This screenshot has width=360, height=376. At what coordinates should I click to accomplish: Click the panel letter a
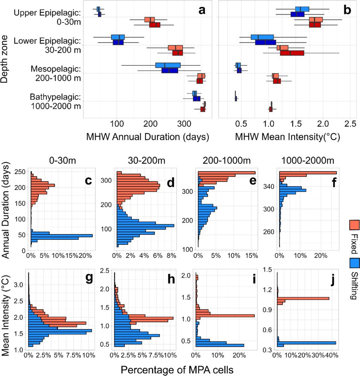point(202,11)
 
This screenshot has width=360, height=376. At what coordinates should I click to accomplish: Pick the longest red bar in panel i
point(225,315)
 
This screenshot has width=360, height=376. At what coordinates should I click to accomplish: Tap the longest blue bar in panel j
point(306,343)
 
